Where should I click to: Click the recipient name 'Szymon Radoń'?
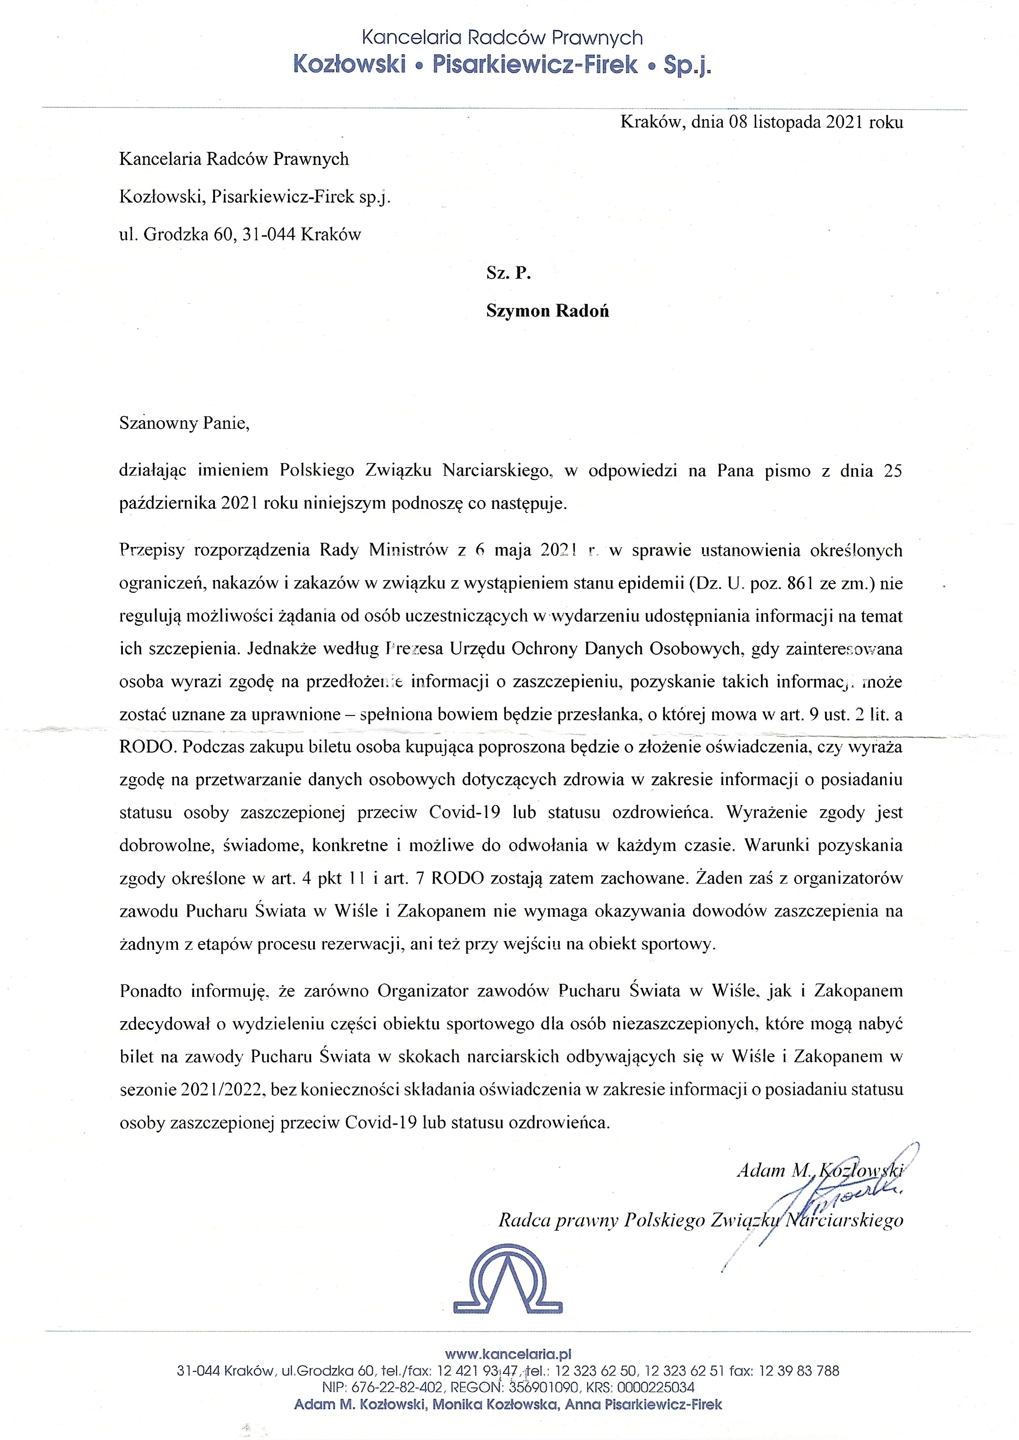(547, 311)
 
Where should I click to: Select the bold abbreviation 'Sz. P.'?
(508, 273)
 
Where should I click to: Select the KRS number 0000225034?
(656, 1387)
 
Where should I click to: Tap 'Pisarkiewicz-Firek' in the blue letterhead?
(535, 65)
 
